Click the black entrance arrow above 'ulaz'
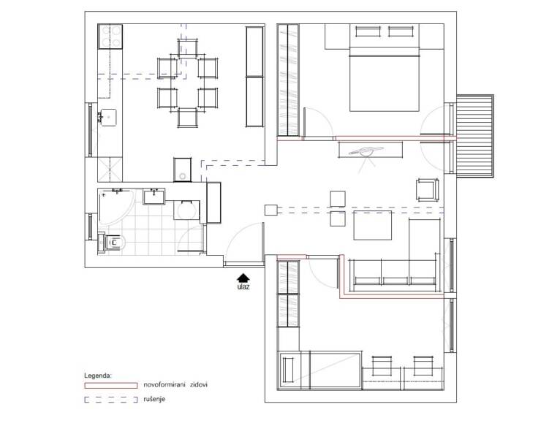click(243, 278)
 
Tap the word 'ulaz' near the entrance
click(243, 286)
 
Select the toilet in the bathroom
click(112, 243)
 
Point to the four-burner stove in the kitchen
click(110, 37)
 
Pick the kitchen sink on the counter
click(108, 118)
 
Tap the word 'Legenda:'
click(98, 376)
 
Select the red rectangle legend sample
click(110, 385)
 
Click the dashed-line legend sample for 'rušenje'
click(110, 400)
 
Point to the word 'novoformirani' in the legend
click(164, 384)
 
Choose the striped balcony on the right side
click(475, 136)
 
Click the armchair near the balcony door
click(428, 189)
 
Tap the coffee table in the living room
click(373, 225)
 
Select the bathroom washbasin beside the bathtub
click(154, 197)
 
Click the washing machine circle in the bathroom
click(186, 210)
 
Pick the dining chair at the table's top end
click(188, 47)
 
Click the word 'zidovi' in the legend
click(199, 384)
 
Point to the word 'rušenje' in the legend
click(154, 399)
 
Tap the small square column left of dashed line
click(271, 210)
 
